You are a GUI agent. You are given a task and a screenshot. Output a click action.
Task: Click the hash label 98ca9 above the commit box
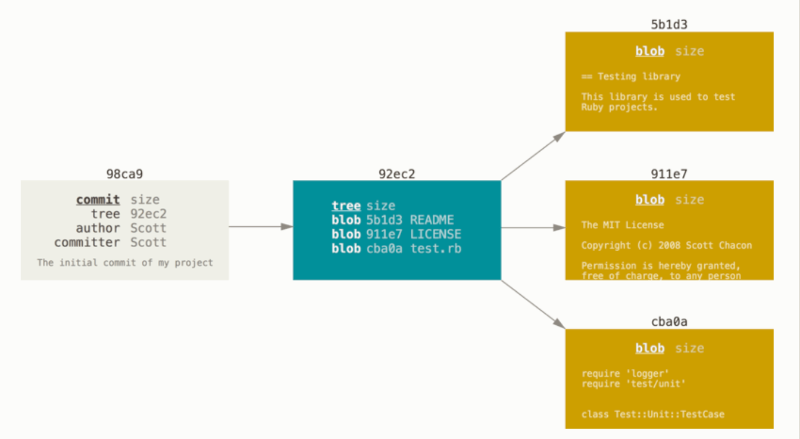125,174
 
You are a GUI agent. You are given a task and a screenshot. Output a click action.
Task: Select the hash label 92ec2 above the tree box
397,174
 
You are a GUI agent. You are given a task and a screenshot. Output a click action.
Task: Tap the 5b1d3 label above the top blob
669,25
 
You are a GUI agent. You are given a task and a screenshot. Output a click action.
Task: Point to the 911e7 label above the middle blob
669,174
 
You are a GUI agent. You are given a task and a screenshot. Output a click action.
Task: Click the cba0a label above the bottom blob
669,322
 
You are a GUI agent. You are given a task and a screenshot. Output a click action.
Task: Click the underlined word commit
98,199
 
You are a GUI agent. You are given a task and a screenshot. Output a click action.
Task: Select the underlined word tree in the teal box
346,206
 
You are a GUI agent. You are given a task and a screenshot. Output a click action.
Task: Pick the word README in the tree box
432,220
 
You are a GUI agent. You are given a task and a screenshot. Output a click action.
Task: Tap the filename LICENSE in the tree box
436,234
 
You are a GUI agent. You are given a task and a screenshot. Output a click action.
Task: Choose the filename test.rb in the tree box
436,248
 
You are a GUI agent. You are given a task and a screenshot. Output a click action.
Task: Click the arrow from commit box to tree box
261,226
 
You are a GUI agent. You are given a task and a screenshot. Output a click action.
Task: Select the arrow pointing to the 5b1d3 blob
533,156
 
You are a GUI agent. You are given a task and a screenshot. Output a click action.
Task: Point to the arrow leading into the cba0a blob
533,304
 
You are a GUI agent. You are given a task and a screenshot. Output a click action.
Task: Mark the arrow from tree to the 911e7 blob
533,228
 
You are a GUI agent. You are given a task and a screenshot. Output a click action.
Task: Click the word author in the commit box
98,228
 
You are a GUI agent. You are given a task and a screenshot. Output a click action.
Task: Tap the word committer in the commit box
87,242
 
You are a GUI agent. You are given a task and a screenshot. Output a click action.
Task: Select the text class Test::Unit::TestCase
653,414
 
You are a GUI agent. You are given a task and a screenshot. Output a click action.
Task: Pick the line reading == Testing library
631,76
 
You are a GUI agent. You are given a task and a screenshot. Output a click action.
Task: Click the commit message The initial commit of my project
125,263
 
